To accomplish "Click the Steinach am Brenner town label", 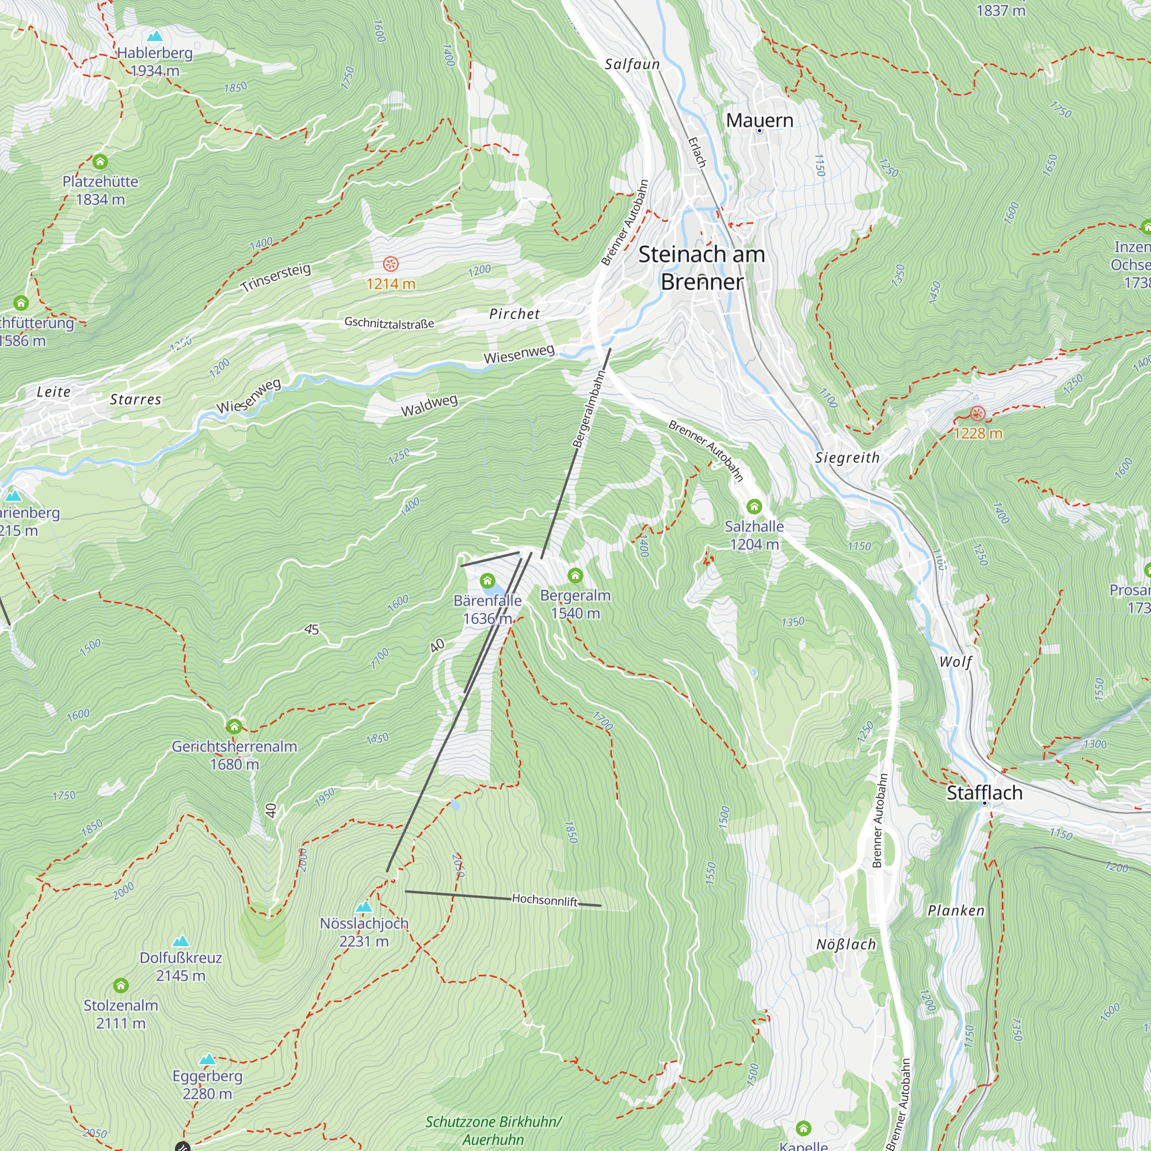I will click(x=702, y=268).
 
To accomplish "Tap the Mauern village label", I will click(x=759, y=120).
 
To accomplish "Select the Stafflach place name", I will click(x=984, y=793).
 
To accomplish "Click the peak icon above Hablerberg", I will click(x=155, y=36).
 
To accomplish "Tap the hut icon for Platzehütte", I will click(x=100, y=162).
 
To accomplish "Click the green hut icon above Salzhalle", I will click(x=754, y=507).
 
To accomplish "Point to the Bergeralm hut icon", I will click(x=575, y=575).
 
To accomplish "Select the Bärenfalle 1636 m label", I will click(x=487, y=609).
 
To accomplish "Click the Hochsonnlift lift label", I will click(x=544, y=900).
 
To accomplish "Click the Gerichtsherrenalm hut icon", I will click(x=234, y=726).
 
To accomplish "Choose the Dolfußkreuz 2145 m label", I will click(x=181, y=966).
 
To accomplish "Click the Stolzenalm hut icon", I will click(x=121, y=985).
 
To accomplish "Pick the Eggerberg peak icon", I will click(x=207, y=1059).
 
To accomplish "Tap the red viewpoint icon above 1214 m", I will click(x=390, y=264).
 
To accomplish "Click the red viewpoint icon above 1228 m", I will click(x=978, y=413).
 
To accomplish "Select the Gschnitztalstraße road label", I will click(x=389, y=323).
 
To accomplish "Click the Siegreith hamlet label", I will click(x=847, y=458).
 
